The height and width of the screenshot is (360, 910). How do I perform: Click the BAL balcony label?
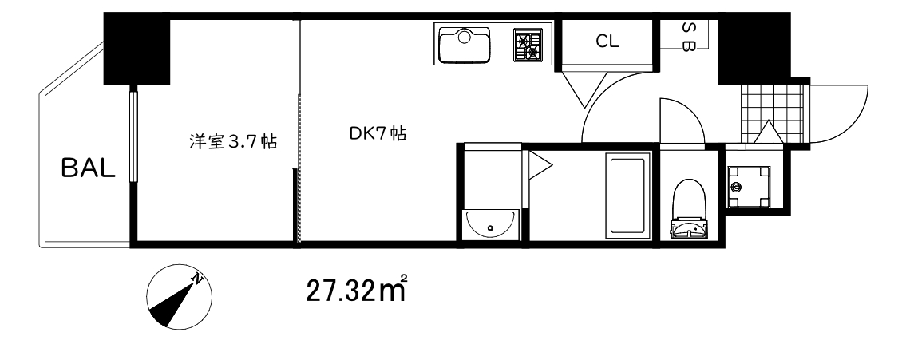pos(89,168)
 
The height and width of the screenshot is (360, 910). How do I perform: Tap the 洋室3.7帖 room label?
pos(232,141)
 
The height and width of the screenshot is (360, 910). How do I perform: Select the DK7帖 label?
pos(378,133)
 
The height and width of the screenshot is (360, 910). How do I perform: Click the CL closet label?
pos(607,42)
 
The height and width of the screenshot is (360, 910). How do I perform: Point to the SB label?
pos(688,37)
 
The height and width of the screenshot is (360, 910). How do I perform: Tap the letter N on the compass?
pos(198,279)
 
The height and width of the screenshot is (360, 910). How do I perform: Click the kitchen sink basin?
pos(465,45)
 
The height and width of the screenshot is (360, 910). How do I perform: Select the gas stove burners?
pos(528,45)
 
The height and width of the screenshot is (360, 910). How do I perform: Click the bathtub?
pos(627,195)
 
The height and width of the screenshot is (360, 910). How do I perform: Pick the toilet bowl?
pos(688,200)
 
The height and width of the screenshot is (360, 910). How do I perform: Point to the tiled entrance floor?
pos(773,114)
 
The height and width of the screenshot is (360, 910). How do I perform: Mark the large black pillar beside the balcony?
pos(136,50)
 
